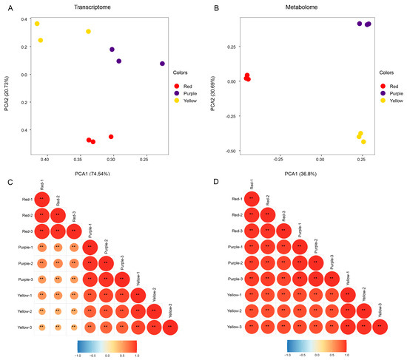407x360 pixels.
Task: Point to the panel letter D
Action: tap(209, 181)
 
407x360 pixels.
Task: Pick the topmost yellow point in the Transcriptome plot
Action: tap(37, 24)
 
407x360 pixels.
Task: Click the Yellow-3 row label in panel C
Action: tap(21, 325)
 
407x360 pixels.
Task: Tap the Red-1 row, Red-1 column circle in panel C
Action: tap(42, 199)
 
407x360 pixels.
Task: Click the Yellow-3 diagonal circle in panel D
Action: tap(378, 325)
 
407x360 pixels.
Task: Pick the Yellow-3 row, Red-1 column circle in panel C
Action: tap(42, 325)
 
